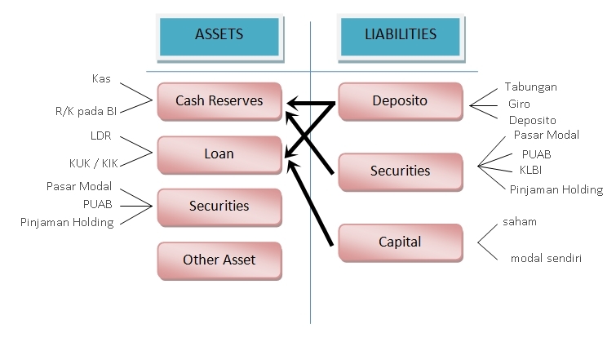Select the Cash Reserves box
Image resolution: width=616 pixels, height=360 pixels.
pyautogui.click(x=219, y=101)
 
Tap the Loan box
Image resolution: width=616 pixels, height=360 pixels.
pyautogui.click(x=219, y=153)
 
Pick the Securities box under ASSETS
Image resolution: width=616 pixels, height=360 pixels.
pyautogui.click(x=219, y=206)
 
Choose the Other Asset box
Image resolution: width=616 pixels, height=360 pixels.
pyautogui.click(x=219, y=260)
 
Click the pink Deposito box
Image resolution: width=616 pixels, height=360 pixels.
pyautogui.click(x=400, y=102)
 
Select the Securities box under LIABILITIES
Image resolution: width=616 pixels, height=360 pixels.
pyautogui.click(x=400, y=171)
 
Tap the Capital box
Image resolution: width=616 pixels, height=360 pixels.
pyautogui.click(x=400, y=242)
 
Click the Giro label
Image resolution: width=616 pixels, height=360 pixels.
pyautogui.click(x=520, y=104)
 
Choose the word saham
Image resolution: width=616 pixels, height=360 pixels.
pyautogui.click(x=520, y=222)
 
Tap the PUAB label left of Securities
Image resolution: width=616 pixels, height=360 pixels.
pyautogui.click(x=97, y=204)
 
